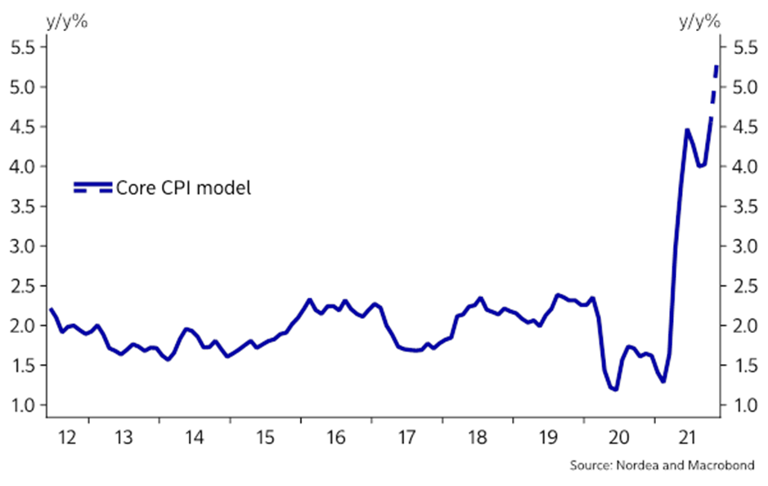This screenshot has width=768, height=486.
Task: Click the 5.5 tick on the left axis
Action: tap(21, 47)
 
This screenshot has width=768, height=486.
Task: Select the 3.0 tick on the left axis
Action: tap(21, 245)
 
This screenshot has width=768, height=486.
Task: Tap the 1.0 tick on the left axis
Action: tap(21, 405)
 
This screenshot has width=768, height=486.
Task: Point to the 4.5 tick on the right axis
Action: tap(743, 127)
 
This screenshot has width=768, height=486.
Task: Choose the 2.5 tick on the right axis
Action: tap(743, 286)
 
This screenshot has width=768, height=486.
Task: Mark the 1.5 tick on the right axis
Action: tap(743, 365)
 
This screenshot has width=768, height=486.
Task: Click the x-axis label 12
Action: tap(68, 437)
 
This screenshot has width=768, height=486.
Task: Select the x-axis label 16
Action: tap(335, 437)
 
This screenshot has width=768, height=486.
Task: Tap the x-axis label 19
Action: tap(548, 437)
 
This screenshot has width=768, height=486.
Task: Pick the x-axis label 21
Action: tap(689, 437)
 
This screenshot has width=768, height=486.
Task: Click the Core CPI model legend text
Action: tap(183, 188)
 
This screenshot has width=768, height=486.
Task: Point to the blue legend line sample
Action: tap(92, 188)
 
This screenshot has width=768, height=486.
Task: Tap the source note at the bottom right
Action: tap(662, 466)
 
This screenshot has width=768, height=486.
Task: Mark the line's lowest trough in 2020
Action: tap(614, 389)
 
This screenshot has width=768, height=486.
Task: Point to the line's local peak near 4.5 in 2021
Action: tap(688, 129)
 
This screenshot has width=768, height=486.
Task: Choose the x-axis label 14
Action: tap(193, 437)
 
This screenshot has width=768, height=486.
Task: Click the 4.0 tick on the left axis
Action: tap(21, 166)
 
